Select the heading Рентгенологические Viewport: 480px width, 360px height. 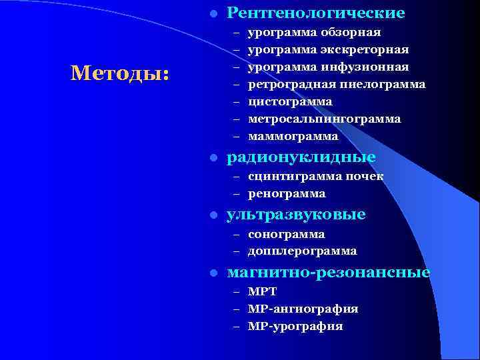point(315,13)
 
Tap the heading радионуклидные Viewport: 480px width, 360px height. point(301,157)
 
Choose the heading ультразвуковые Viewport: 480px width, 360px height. point(296,215)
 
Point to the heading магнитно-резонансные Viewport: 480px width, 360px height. point(329,273)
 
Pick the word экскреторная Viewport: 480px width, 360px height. point(365,49)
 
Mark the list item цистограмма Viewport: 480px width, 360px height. point(290,101)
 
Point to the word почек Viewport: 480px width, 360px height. point(365,176)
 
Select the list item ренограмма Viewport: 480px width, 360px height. point(287,193)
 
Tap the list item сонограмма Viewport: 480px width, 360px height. point(287,234)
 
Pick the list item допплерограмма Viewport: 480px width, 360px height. point(302,251)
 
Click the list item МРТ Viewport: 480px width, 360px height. point(262,292)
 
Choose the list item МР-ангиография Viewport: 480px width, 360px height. point(303,309)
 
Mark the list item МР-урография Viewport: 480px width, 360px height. point(295,327)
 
